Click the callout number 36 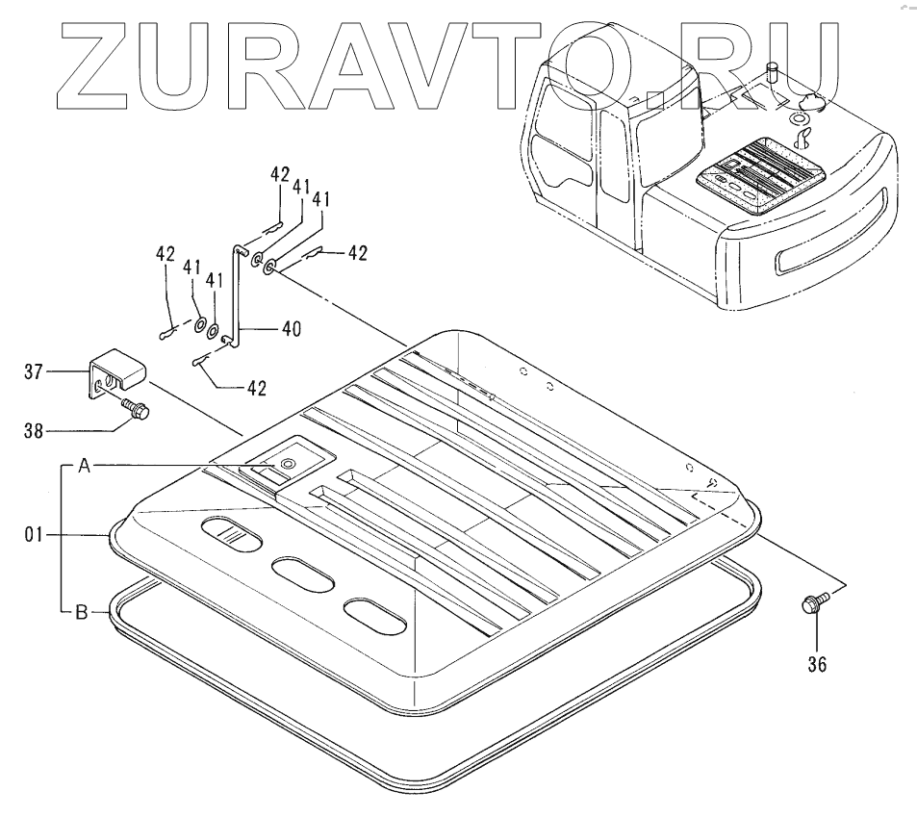click(x=815, y=663)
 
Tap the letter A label click(x=84, y=466)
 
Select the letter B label click(x=84, y=609)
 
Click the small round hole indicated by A click(x=286, y=465)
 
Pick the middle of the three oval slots click(x=301, y=573)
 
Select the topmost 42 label click(x=279, y=174)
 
